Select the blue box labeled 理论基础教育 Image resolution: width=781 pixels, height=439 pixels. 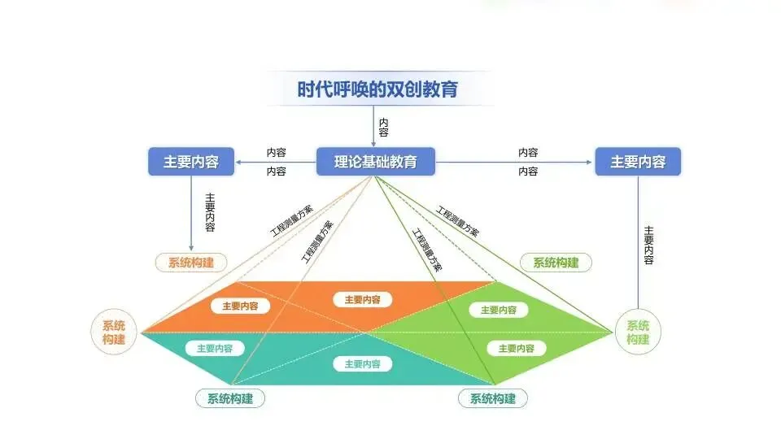click(375, 161)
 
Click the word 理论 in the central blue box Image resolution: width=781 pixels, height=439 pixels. click(348, 161)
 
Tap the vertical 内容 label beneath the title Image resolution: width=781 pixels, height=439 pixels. click(383, 127)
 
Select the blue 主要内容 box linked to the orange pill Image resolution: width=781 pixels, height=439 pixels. click(191, 161)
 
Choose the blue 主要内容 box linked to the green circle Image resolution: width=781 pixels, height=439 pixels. click(638, 161)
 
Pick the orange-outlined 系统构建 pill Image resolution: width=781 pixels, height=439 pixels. click(191, 263)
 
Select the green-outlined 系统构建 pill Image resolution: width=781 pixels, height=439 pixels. click(556, 263)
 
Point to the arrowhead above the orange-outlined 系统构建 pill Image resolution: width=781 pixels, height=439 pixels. click(191, 247)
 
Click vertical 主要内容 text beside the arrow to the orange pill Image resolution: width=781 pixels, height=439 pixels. click(210, 212)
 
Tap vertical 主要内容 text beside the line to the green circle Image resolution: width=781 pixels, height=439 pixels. click(648, 245)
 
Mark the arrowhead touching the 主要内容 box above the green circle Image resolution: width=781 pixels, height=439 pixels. click(591, 161)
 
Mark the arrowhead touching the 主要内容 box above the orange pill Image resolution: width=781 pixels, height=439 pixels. click(238, 161)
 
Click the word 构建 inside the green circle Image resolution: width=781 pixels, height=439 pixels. click(638, 339)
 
